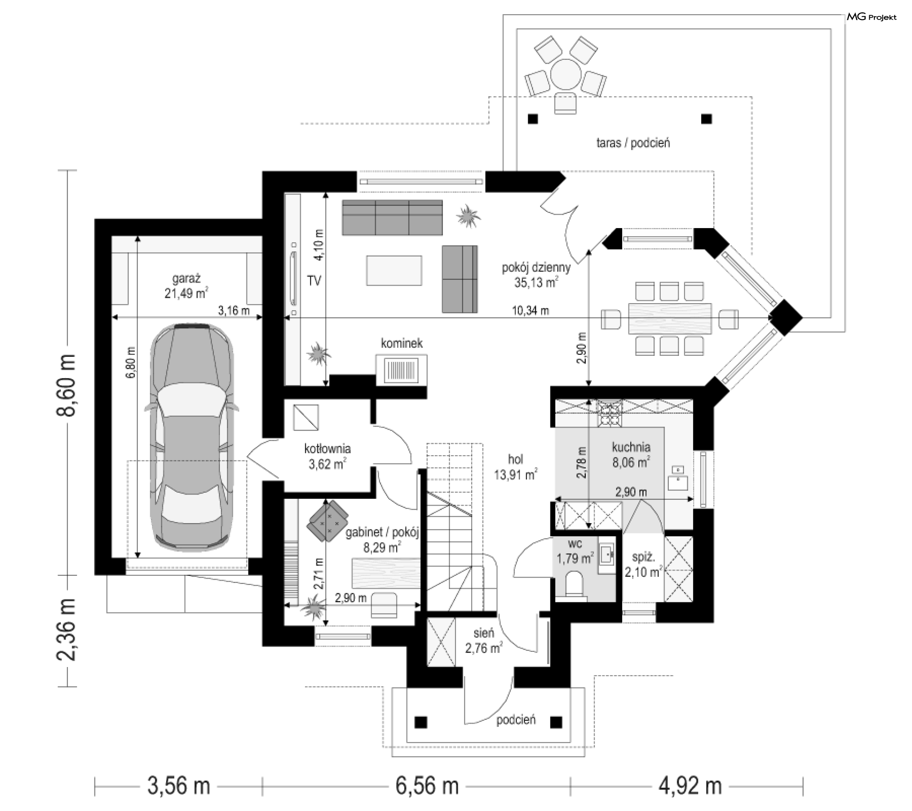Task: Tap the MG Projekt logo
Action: (872, 17)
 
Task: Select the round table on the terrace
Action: (565, 74)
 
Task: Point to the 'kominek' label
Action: (402, 343)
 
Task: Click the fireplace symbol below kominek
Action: (401, 370)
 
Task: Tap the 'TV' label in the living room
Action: (314, 281)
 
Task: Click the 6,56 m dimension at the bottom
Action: (427, 786)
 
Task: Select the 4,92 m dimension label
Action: (690, 786)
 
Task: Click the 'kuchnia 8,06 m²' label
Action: (631, 455)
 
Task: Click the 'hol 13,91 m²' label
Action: (516, 467)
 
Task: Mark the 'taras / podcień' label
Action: (633, 143)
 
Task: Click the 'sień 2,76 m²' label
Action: (484, 640)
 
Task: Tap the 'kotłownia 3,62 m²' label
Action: (327, 456)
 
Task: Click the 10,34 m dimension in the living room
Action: (530, 311)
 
